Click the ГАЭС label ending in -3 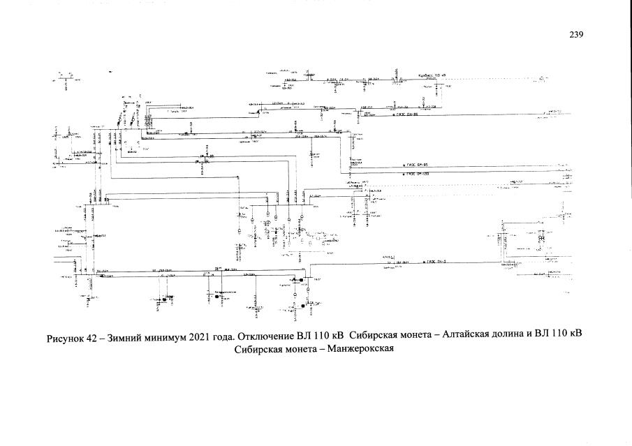[x=436, y=262]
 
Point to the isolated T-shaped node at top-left [x=65, y=78]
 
